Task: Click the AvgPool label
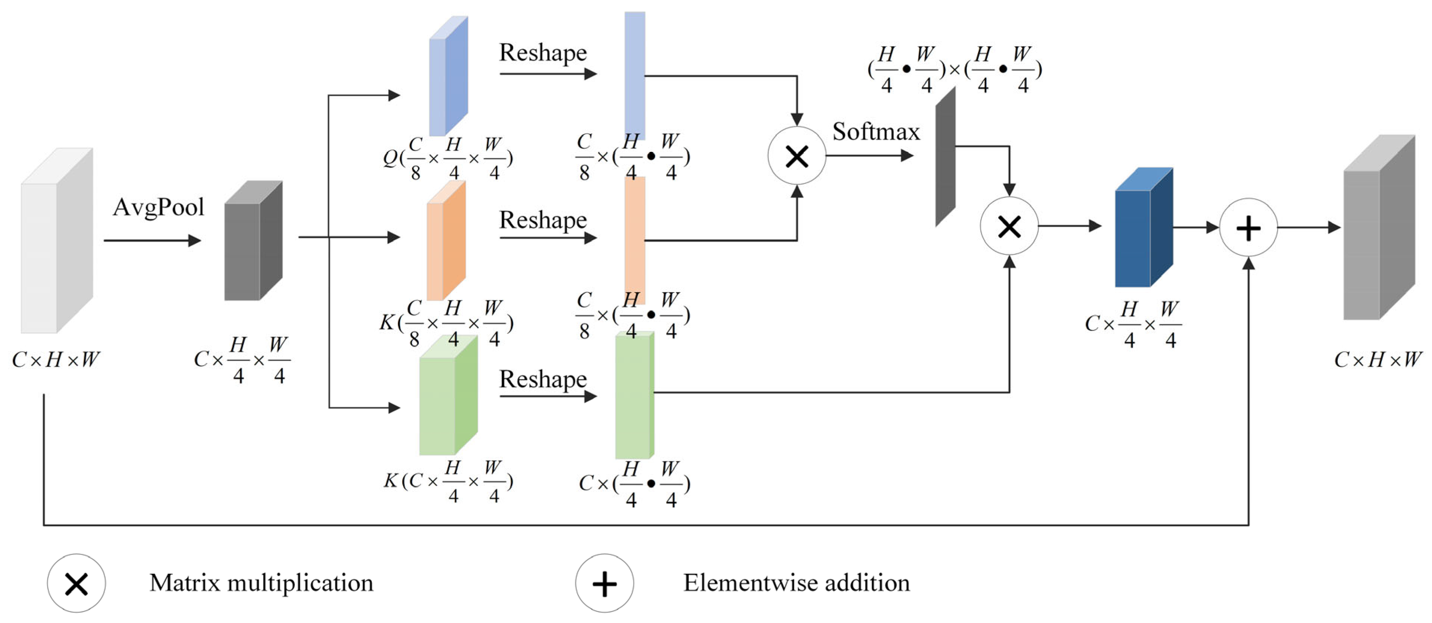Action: tap(158, 207)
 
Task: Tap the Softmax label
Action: tap(876, 132)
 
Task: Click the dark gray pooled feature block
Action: tap(253, 241)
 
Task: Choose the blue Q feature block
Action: tap(448, 76)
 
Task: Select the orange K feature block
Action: tap(446, 241)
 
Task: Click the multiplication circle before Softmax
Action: tap(797, 156)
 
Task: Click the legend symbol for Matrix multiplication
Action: tap(76, 583)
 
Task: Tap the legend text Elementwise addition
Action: tap(796, 582)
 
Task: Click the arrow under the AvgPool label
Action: tap(152, 240)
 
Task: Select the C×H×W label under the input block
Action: tap(56, 360)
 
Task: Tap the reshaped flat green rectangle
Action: tap(634, 395)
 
